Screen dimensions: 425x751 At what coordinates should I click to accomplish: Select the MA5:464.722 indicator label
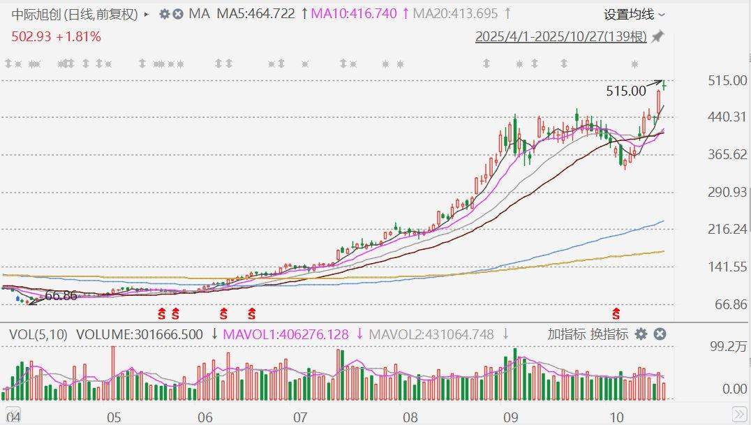pos(256,14)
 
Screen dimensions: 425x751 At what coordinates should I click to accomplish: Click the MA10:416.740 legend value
pos(354,14)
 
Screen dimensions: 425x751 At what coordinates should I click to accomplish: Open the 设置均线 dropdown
pos(634,14)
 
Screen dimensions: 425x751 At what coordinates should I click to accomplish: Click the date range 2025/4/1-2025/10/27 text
pos(560,37)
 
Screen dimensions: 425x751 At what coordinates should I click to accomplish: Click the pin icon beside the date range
pos(657,37)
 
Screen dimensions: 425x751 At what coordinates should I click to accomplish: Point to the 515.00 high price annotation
pos(626,91)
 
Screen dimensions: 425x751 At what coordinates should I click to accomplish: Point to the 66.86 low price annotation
pos(61,296)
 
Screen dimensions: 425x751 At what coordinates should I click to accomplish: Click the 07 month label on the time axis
pos(301,417)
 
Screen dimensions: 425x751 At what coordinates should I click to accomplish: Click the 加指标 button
pos(566,334)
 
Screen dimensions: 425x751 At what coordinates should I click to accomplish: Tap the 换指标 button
pos(609,334)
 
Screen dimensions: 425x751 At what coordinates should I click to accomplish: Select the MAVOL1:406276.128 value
pos(285,335)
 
